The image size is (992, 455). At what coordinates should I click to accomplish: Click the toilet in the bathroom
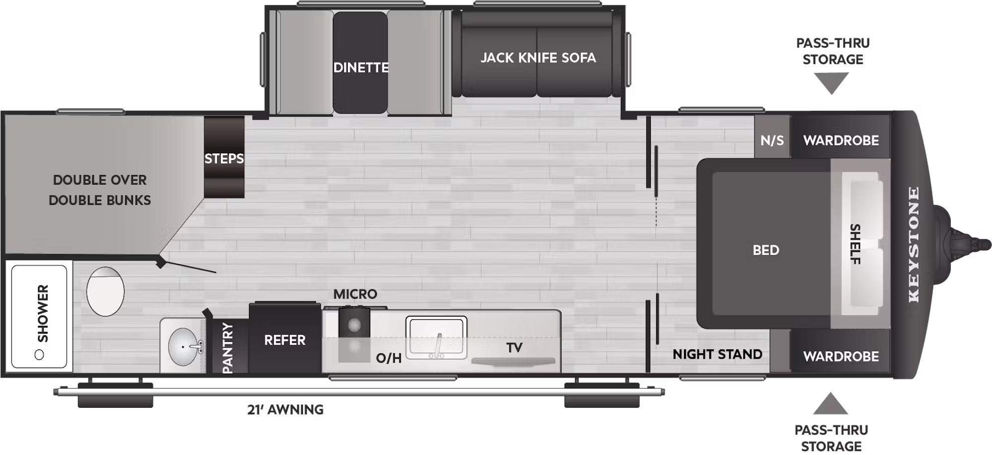[x=105, y=291]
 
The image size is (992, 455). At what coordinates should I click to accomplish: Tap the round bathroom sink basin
[x=183, y=346]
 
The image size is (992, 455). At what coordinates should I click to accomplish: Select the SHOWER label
[x=43, y=314]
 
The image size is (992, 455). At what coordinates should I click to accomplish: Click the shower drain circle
[x=39, y=354]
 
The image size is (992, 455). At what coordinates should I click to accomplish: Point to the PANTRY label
[x=228, y=347]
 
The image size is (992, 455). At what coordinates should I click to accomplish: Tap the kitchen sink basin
[x=436, y=337]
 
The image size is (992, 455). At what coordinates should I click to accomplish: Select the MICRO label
[x=355, y=294]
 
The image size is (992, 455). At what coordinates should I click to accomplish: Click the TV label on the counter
[x=514, y=347]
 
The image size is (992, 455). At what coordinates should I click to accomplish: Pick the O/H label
[x=388, y=358]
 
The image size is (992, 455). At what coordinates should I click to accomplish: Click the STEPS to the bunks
[x=224, y=157]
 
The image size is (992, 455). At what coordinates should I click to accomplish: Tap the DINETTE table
[x=360, y=63]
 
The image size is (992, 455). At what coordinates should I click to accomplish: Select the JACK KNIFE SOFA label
[x=538, y=58]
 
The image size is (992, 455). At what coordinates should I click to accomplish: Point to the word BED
[x=766, y=250]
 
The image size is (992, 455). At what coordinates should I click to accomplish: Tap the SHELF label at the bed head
[x=855, y=244]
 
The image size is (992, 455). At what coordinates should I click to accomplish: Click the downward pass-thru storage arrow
[x=832, y=83]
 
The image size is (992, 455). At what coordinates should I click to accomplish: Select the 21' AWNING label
[x=285, y=409]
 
